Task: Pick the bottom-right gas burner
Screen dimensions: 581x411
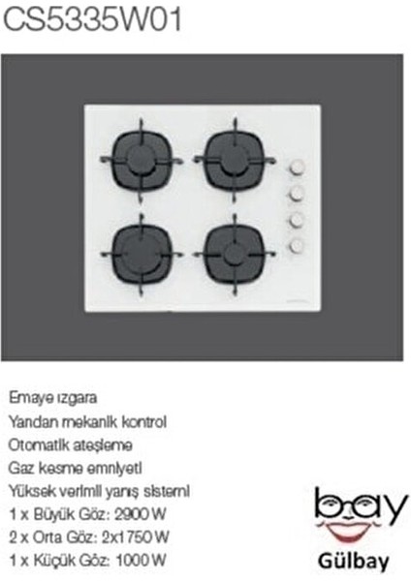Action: (x=234, y=251)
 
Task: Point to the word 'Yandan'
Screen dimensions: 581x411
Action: (x=32, y=422)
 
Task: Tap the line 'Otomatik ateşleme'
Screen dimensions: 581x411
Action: (x=71, y=444)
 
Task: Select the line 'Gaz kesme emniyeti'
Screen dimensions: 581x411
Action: (x=75, y=468)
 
